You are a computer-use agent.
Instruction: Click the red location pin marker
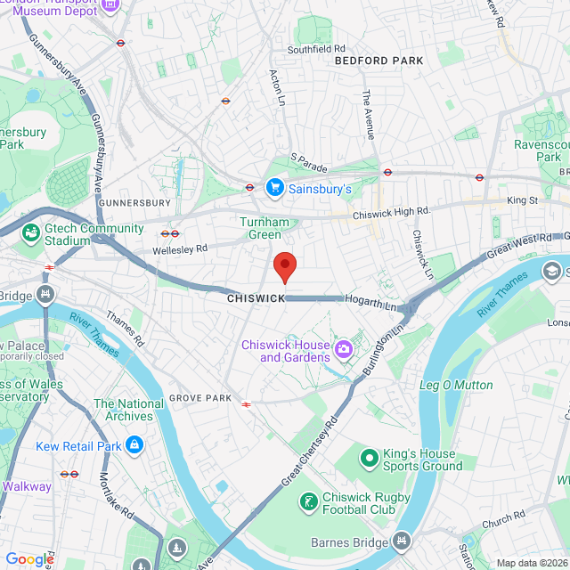[284, 266]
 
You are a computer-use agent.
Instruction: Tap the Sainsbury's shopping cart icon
[274, 188]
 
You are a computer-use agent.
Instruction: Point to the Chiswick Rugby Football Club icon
[308, 503]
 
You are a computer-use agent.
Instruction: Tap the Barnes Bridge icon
[402, 541]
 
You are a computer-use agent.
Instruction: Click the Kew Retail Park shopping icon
[134, 444]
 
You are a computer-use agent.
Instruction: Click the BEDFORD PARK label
[379, 61]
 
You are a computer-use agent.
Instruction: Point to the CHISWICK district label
[255, 298]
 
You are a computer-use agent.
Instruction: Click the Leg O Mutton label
[455, 386]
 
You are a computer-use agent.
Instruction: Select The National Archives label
[128, 410]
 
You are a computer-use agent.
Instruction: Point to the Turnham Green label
[260, 228]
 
